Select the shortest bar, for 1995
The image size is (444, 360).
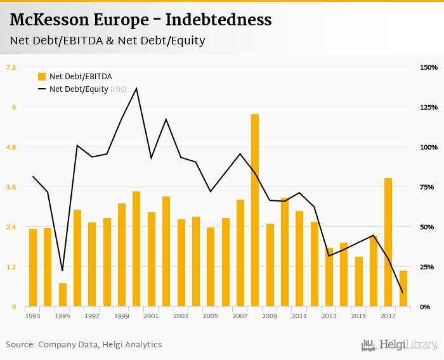coord(63,295)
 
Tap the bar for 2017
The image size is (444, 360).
coord(388,242)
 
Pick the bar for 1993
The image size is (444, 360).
coord(33,267)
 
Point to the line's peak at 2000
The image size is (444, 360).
coord(136,88)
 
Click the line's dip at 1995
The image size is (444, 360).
coord(62,271)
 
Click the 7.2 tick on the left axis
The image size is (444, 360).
coord(11,67)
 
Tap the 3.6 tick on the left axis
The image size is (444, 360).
coord(11,187)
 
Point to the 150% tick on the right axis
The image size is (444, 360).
coord(429,67)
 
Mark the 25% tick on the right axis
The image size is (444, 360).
coord(429,267)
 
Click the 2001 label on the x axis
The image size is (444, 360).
coord(151,316)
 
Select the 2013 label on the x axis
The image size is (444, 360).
coord(329,316)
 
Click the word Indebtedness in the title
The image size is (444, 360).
coord(218,20)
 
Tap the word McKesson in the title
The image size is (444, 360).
coord(48,20)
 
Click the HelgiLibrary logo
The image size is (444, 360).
coord(399,345)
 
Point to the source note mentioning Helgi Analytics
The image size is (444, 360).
coord(84,345)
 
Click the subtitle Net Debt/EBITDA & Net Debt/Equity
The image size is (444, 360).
coord(107,41)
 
